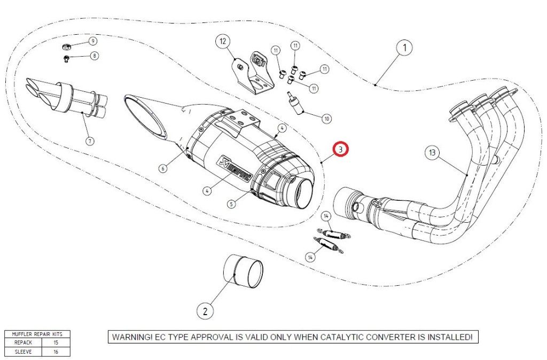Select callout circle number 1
click(404, 48)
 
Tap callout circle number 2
click(205, 310)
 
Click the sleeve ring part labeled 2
click(244, 270)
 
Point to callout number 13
click(433, 153)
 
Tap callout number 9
click(92, 41)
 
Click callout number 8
click(95, 56)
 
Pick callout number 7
click(89, 141)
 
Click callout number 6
click(163, 168)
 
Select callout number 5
click(231, 203)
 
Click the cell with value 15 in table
click(56, 342)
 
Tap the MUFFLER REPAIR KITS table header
click(37, 334)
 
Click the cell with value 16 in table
click(56, 351)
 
